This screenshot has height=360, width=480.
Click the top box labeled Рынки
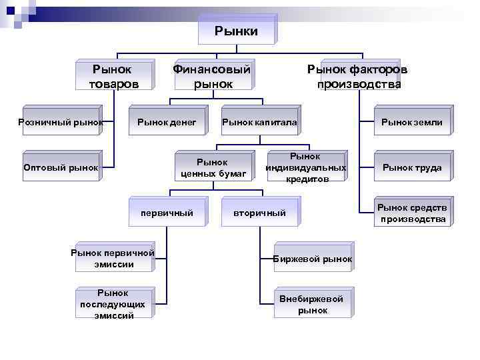point(236,31)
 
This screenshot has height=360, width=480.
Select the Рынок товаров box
point(113,76)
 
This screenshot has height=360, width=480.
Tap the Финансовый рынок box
point(212,76)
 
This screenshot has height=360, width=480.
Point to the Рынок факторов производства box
point(359,76)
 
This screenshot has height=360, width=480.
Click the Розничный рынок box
point(61,122)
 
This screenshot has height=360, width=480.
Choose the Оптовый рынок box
point(61,167)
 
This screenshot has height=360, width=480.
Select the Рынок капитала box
point(259,122)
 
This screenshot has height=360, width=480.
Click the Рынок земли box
point(411,122)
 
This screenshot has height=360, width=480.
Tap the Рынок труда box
point(411,167)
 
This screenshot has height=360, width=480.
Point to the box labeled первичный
point(167,213)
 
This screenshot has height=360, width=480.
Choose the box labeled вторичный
point(259,213)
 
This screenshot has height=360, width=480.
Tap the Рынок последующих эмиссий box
point(113,304)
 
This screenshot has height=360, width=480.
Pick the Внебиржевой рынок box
point(312,304)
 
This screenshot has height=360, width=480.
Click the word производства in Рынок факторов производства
point(359,84)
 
